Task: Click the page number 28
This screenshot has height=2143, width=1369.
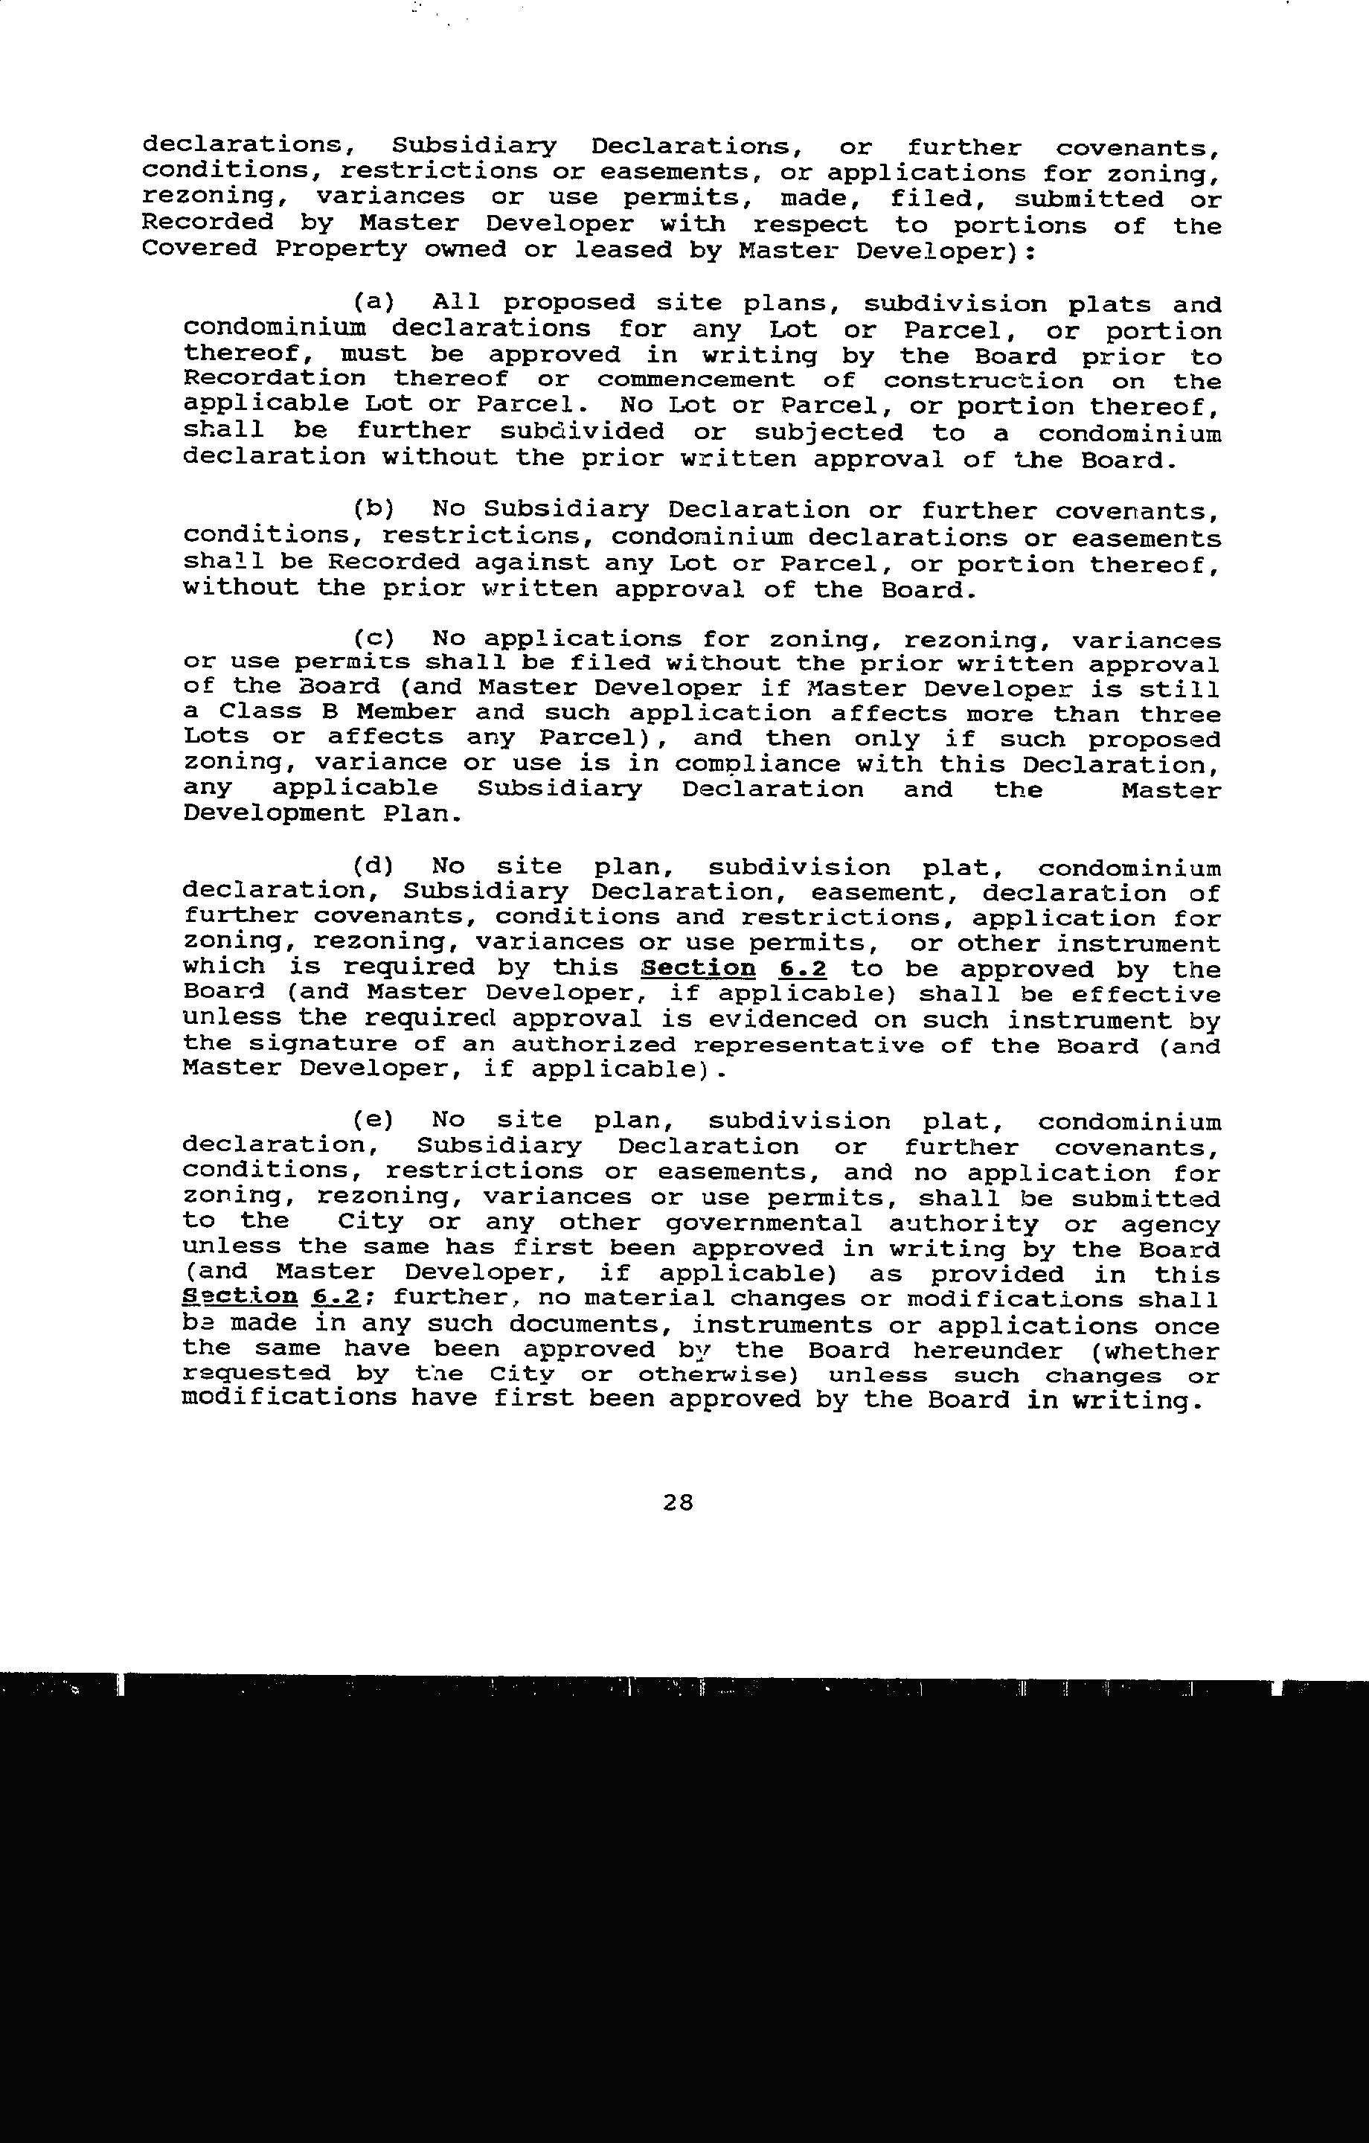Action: click(677, 1503)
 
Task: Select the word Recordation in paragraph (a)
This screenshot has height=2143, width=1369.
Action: click(274, 380)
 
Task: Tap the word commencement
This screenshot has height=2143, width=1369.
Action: click(695, 381)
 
